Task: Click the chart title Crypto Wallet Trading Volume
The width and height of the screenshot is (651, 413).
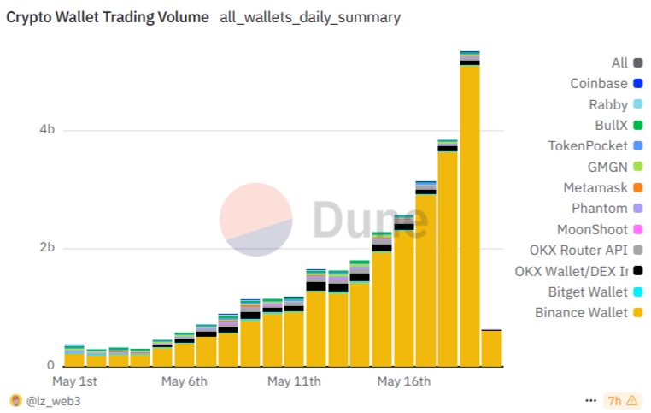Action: [108, 17]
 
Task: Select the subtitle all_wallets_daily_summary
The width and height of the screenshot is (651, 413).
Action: [310, 17]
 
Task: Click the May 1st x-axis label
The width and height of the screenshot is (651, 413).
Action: [74, 381]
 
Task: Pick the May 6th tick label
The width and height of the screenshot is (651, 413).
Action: [185, 381]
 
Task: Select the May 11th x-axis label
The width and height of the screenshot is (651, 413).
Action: [294, 381]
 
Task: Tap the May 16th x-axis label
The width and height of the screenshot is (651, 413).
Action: [404, 381]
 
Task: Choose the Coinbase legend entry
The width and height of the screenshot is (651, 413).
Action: [599, 83]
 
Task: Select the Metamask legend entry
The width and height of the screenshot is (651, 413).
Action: [595, 187]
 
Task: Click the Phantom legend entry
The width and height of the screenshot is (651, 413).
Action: [599, 208]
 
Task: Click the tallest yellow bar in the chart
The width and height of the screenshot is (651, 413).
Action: [469, 214]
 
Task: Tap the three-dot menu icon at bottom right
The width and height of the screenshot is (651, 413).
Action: [590, 400]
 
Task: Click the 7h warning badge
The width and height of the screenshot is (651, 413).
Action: [622, 400]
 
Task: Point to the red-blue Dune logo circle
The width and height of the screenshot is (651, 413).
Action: [256, 218]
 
